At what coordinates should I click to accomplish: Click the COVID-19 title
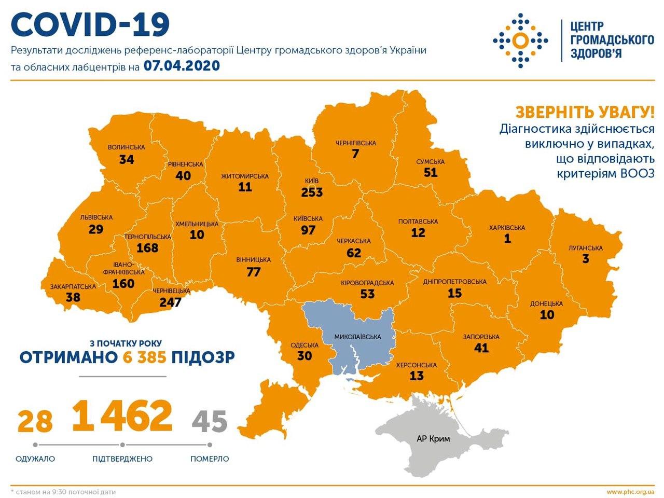(x=91, y=25)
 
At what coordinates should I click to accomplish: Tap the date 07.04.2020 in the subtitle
(x=182, y=66)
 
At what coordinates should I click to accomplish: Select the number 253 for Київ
(x=312, y=192)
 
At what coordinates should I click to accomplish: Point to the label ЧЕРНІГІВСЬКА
(x=355, y=143)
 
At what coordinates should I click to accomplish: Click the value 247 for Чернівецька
(x=171, y=301)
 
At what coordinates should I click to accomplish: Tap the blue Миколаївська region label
(x=358, y=337)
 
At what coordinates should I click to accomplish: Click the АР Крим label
(x=433, y=439)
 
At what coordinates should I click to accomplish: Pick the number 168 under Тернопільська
(x=147, y=247)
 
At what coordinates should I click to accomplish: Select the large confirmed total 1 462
(x=122, y=417)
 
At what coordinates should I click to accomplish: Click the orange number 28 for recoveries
(x=35, y=421)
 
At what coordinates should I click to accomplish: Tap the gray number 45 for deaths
(x=210, y=421)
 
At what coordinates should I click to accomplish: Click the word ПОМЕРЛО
(x=210, y=459)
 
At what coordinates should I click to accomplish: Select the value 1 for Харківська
(x=507, y=239)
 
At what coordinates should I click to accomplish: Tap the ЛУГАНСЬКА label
(x=585, y=248)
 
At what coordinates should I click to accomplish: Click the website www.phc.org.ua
(x=630, y=491)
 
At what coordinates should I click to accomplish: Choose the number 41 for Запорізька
(x=481, y=348)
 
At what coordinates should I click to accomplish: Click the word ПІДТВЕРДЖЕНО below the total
(x=122, y=459)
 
